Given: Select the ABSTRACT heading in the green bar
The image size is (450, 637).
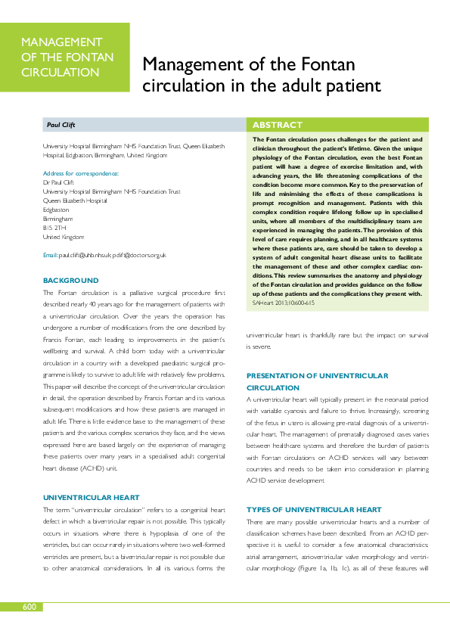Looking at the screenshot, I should point(277,125).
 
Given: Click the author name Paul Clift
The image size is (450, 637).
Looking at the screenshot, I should point(62,125).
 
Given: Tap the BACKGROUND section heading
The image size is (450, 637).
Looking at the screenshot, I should point(70,281).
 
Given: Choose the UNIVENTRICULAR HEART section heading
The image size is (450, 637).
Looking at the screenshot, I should point(91,477).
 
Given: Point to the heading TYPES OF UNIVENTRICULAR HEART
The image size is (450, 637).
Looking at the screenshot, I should point(314,489).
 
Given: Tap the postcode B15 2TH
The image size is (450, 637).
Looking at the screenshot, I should point(54,227).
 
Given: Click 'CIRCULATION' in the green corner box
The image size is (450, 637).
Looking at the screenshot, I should point(61,73).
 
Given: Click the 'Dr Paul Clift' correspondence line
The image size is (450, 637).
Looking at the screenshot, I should point(60,182).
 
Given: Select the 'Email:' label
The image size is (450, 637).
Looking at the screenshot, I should point(50,256).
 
